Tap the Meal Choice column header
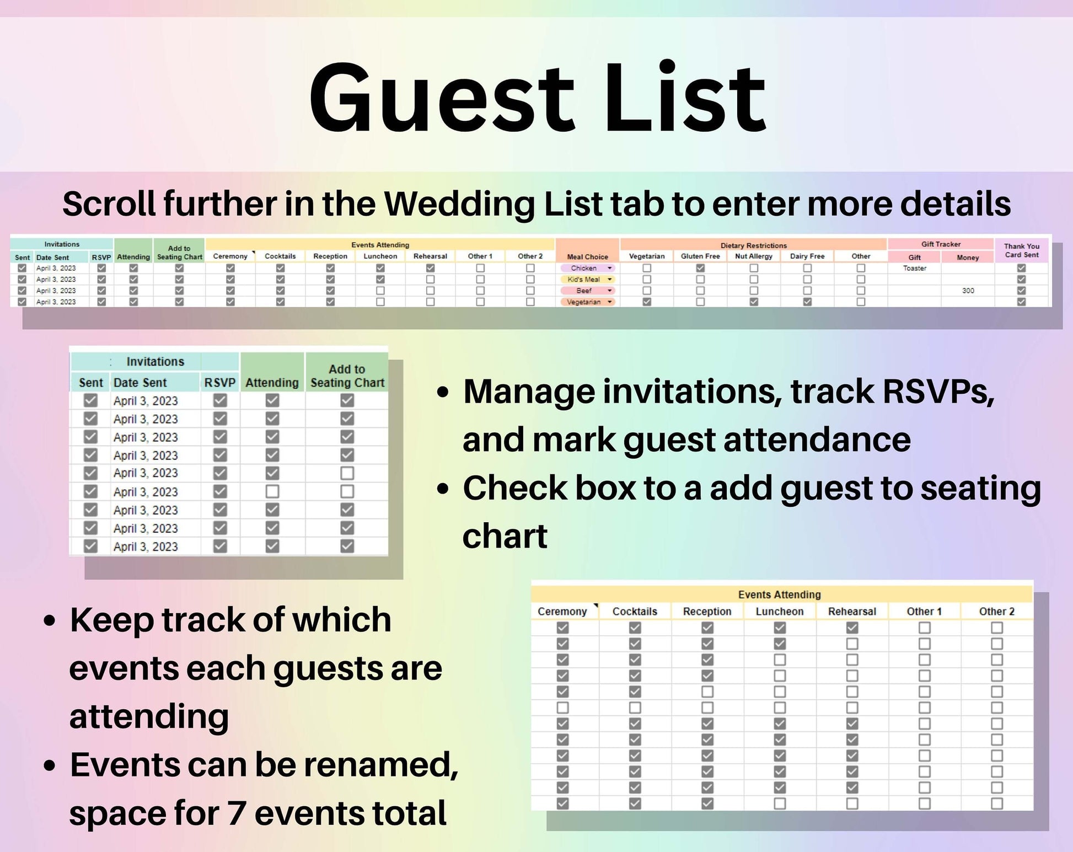point(587,257)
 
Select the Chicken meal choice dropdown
point(587,268)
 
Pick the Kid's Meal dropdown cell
point(587,280)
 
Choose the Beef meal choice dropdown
point(587,291)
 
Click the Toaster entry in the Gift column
point(914,269)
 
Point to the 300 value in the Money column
point(968,291)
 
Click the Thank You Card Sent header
point(1022,250)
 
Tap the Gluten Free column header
point(700,256)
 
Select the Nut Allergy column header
point(754,256)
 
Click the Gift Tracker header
point(941,244)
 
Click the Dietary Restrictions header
point(753,245)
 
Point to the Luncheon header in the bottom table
point(779,612)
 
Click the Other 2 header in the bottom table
point(996,612)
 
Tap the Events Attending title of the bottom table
point(779,594)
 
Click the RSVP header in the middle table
point(219,383)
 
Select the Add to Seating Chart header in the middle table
point(347,376)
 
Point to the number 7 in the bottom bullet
point(237,813)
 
